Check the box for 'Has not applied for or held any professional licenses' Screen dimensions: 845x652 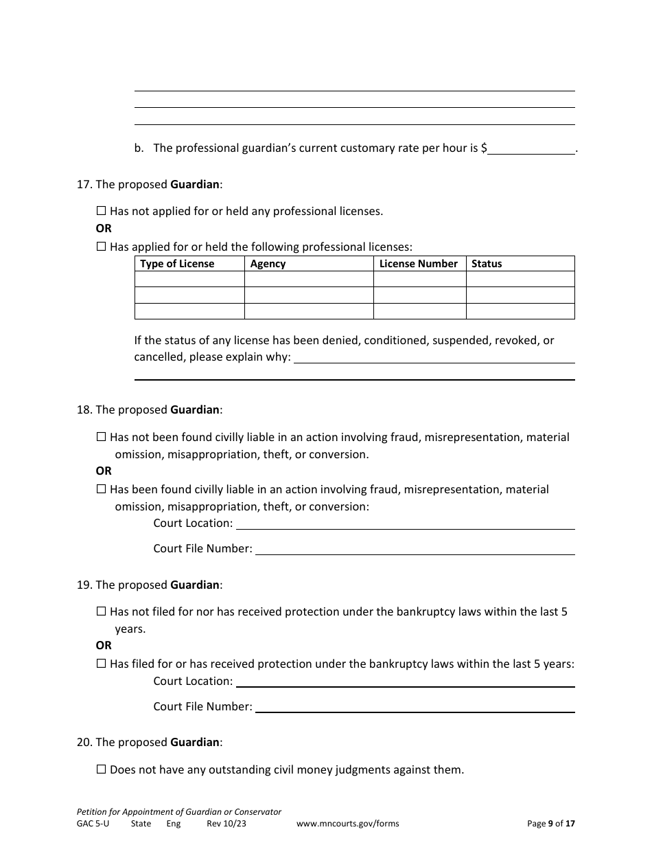[102, 212]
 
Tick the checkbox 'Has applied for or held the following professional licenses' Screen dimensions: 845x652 [102, 247]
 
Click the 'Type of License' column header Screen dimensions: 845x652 [177, 264]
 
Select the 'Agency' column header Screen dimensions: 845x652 [268, 264]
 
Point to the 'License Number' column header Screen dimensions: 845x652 [418, 264]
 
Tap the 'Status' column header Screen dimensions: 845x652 [487, 264]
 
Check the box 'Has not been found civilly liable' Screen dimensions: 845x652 [102, 437]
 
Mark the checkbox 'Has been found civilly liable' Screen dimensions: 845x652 [102, 490]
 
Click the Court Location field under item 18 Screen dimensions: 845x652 [405, 523]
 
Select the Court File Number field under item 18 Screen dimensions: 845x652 [415, 549]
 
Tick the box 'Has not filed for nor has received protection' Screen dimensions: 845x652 [102, 611]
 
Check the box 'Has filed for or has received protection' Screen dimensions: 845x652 [102, 664]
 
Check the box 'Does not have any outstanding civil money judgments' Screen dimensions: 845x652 [102, 770]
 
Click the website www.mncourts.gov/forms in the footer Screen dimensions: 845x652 [347, 824]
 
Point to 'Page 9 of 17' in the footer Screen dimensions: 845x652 [551, 824]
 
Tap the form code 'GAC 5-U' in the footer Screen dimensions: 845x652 [93, 824]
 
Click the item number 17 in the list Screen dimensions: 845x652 [84, 184]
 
